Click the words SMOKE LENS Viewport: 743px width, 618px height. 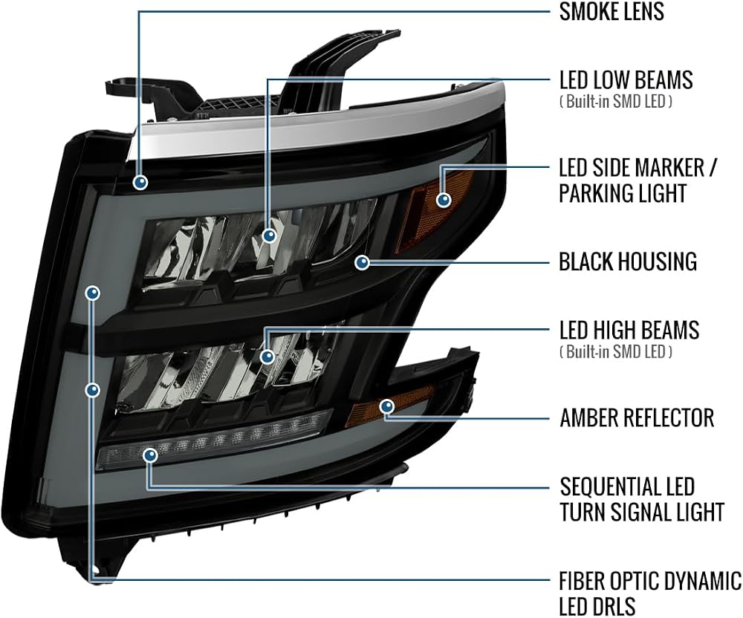click(x=611, y=11)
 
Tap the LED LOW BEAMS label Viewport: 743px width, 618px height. click(x=626, y=80)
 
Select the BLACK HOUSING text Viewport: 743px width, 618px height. click(x=628, y=261)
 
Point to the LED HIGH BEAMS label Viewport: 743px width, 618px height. click(x=629, y=330)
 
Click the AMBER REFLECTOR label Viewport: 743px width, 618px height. click(x=637, y=417)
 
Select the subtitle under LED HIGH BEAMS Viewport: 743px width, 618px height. click(x=615, y=352)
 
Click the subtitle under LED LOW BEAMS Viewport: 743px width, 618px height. click(x=615, y=102)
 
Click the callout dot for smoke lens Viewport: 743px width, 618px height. click(x=140, y=182)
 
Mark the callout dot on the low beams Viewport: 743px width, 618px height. click(x=269, y=235)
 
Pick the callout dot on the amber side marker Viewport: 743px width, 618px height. click(x=444, y=200)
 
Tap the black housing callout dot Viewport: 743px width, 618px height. click(x=363, y=262)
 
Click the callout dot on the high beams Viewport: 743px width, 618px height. click(x=267, y=356)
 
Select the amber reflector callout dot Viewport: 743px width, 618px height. click(x=387, y=406)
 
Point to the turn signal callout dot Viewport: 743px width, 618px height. click(x=151, y=455)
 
